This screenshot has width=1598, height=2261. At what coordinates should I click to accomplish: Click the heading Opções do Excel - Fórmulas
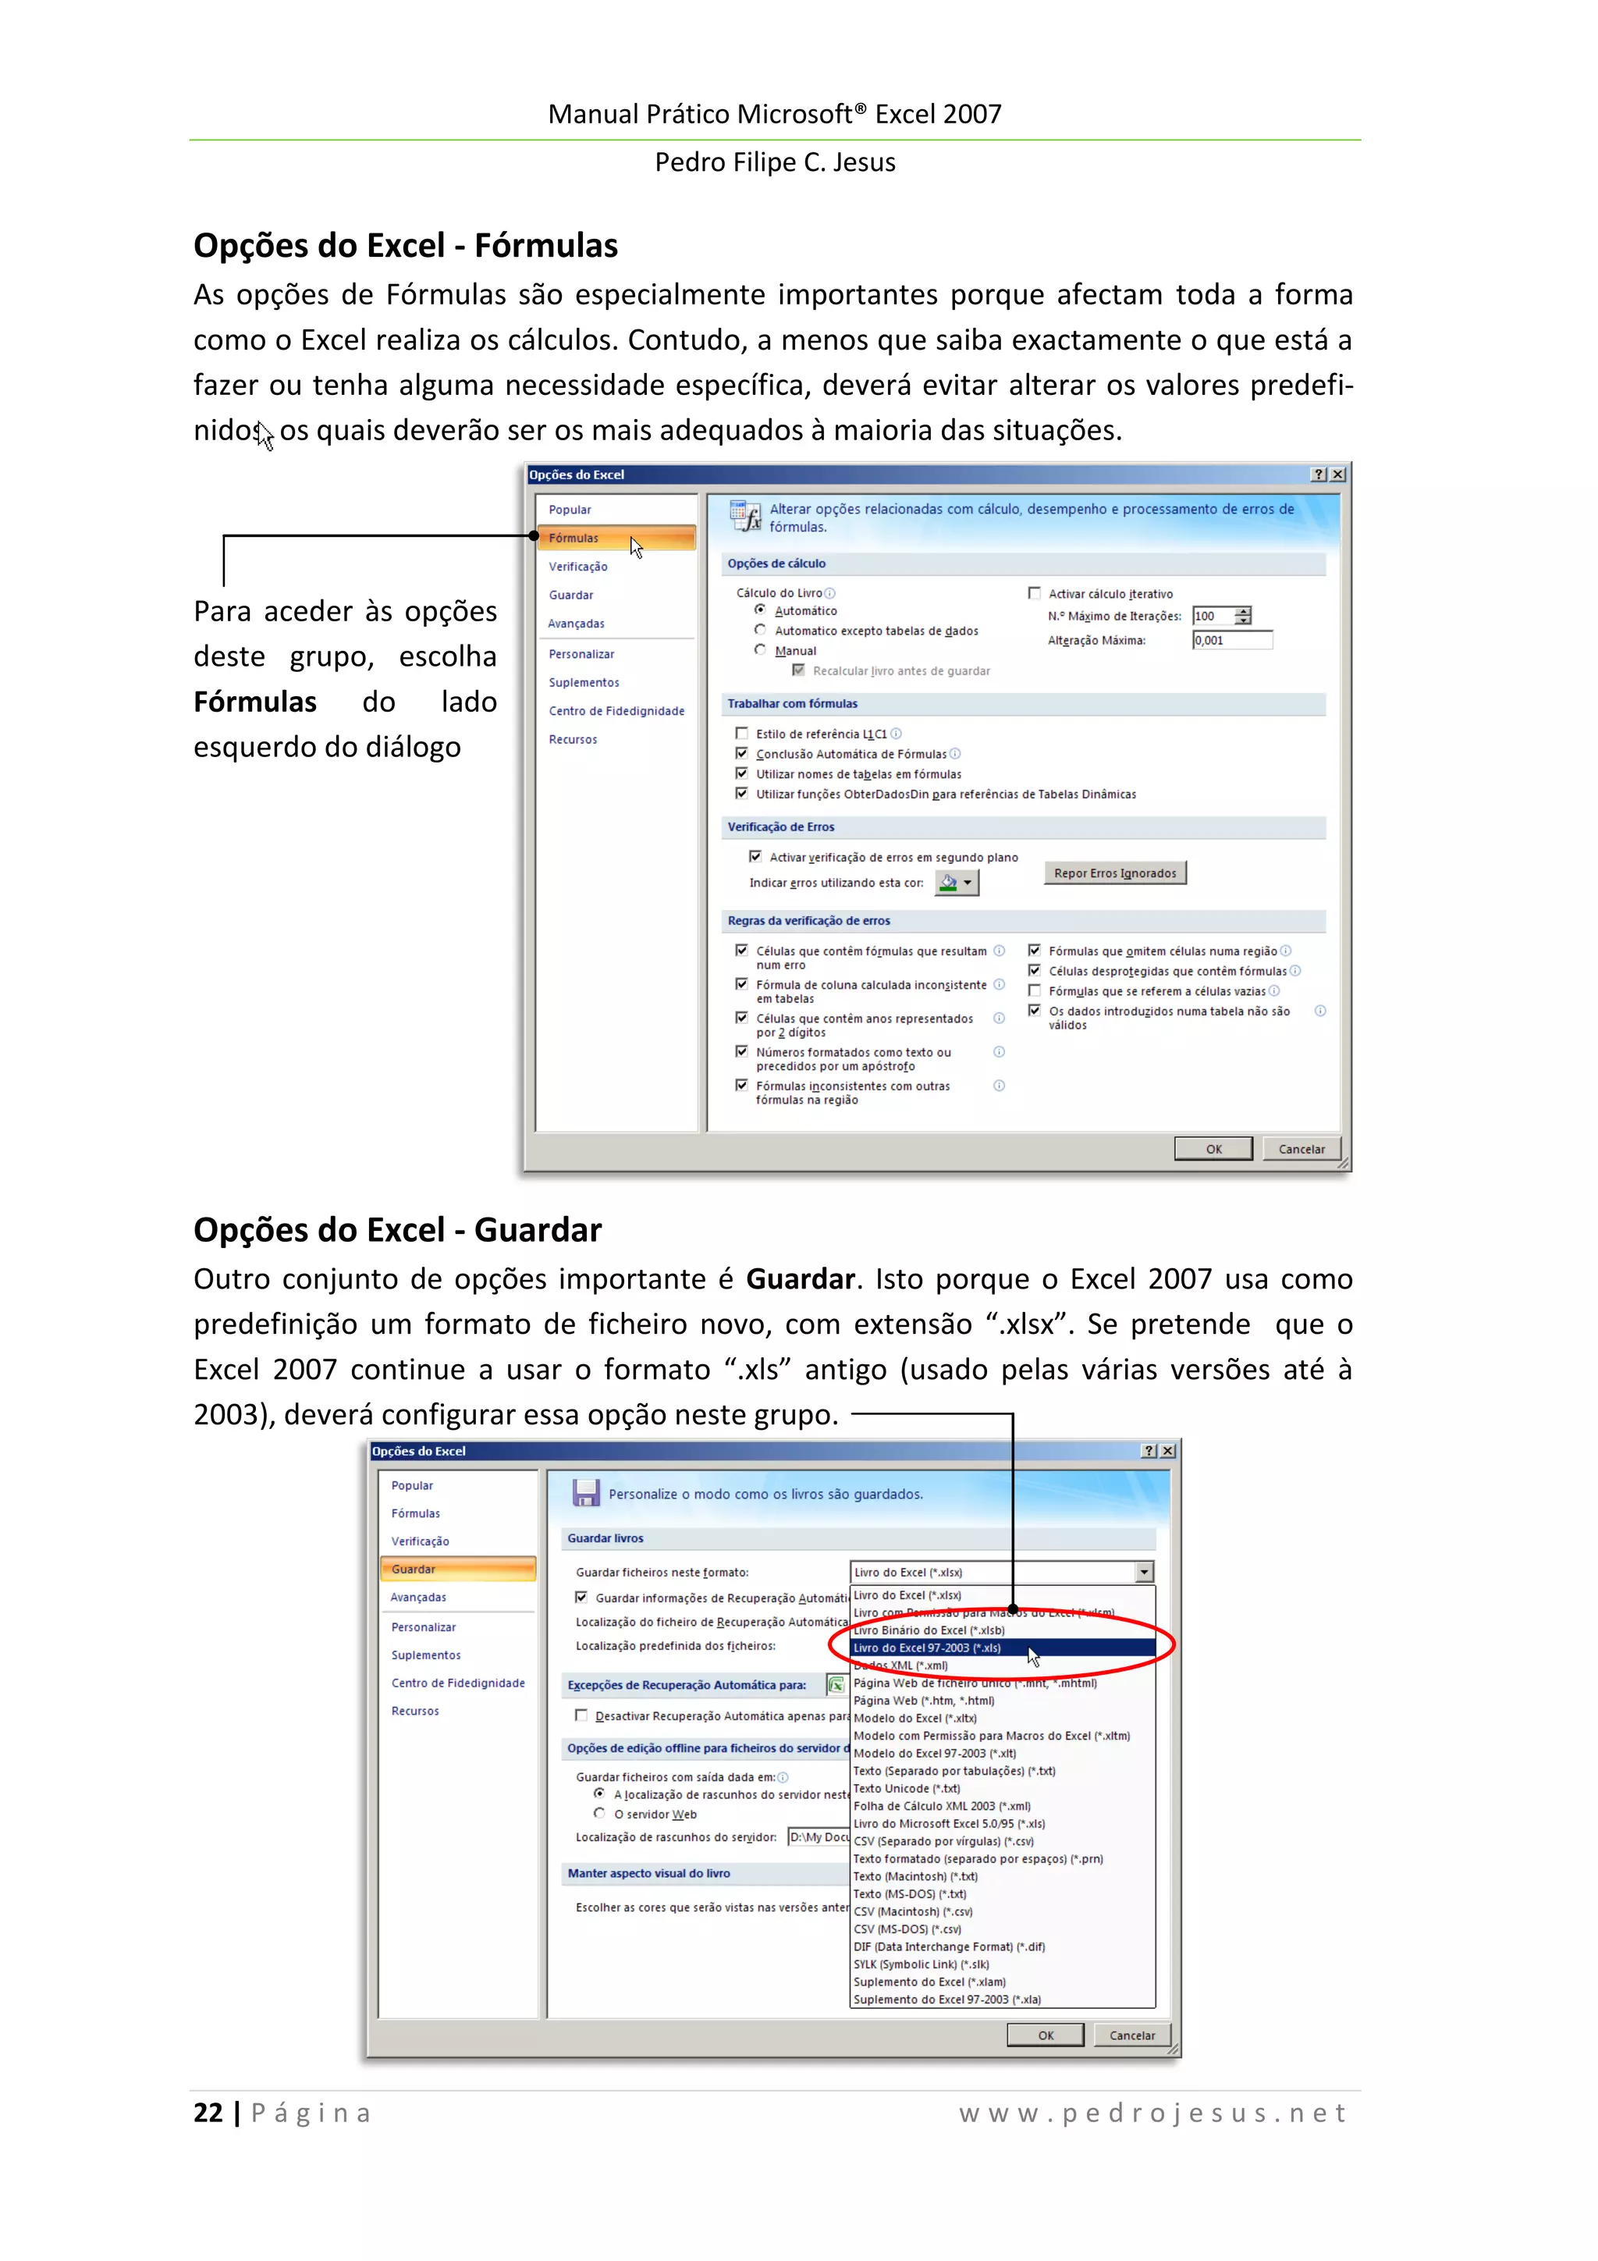(x=405, y=245)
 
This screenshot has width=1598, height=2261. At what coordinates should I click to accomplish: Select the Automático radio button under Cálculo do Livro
(x=760, y=610)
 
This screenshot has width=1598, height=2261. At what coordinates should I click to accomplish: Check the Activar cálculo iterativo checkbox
(x=1034, y=594)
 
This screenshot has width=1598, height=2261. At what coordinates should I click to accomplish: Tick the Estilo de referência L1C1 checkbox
(x=741, y=734)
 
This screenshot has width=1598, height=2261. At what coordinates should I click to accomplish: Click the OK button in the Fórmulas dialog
(x=1213, y=1149)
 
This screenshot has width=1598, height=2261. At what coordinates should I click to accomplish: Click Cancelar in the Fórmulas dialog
(x=1301, y=1149)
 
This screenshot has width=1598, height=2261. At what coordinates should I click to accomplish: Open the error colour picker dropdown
(x=968, y=883)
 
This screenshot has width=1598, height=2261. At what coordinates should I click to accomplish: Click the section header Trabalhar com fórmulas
(x=792, y=704)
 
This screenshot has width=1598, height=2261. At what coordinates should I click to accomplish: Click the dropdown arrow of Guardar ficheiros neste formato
(x=1144, y=1573)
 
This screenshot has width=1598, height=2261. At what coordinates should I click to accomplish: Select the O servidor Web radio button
(x=598, y=1814)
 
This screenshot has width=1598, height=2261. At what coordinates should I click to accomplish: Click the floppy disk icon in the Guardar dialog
(x=586, y=1494)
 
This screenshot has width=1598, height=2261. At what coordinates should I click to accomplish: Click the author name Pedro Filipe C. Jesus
(x=775, y=162)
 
